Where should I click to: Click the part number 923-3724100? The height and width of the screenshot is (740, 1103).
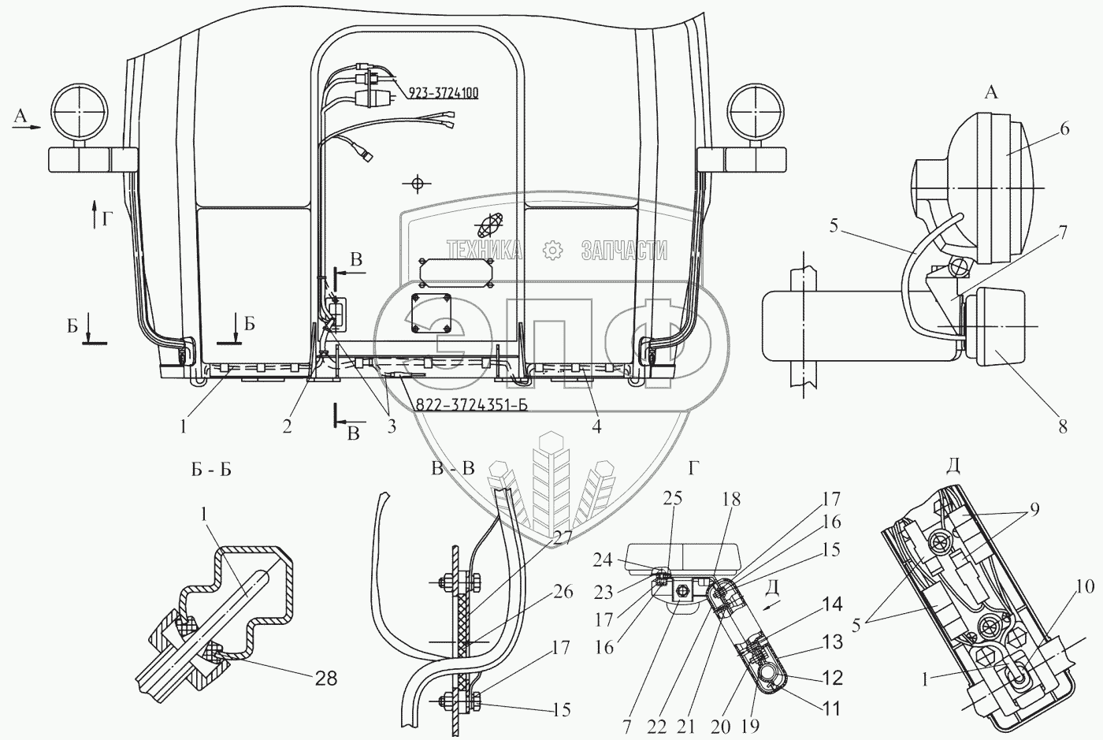tap(444, 93)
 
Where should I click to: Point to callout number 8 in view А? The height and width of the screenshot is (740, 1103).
tap(1063, 427)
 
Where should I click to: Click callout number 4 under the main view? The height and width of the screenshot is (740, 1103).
tap(596, 426)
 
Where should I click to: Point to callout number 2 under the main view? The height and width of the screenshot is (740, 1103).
tap(288, 426)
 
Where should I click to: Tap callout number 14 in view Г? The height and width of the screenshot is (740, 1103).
tap(832, 605)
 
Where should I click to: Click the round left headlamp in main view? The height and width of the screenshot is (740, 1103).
tap(79, 113)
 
